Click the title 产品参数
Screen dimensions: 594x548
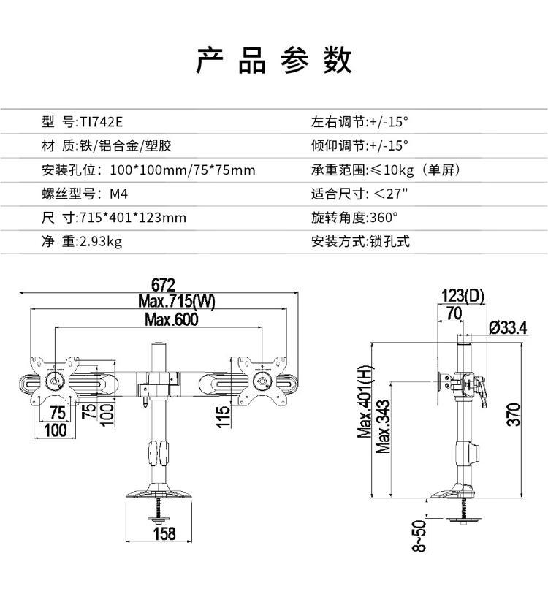pos(273,61)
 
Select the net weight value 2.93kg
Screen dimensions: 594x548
pos(100,241)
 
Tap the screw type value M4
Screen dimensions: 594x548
pos(119,194)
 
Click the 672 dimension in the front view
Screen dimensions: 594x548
pos(164,285)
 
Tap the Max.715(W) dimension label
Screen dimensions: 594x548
pos(177,302)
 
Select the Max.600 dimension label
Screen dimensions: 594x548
pos(171,319)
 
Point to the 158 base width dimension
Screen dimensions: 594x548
pos(164,533)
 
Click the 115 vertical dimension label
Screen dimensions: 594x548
pos(224,416)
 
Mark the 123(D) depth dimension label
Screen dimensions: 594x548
pos(463,295)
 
